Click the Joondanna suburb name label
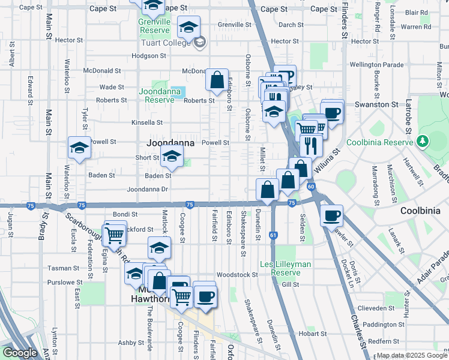pos(171,143)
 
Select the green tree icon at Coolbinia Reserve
pos(423,141)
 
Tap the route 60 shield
pos(311,187)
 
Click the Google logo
pos(20,353)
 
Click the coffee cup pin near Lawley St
pos(331,215)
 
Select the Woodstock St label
pos(237,274)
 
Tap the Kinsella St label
pos(147,122)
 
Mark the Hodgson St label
pos(148,56)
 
